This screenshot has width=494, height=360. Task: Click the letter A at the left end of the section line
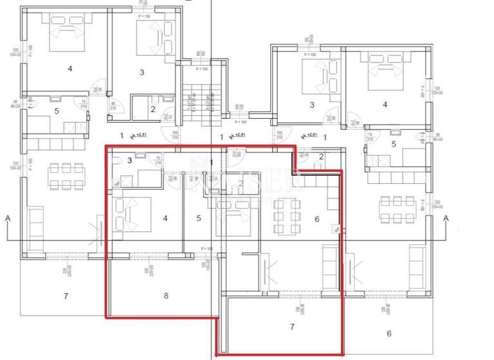pyautogui.click(x=8, y=219)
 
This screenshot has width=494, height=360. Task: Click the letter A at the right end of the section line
pyautogui.click(x=446, y=219)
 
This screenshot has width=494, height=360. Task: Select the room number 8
pyautogui.click(x=166, y=296)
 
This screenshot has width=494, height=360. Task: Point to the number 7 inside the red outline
pyautogui.click(x=292, y=327)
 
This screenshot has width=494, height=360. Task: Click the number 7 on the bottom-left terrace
pyautogui.click(x=66, y=296)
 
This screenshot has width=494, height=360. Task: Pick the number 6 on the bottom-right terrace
pyautogui.click(x=389, y=333)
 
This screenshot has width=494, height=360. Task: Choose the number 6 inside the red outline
pyautogui.click(x=316, y=219)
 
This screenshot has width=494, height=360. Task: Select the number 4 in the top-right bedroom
pyautogui.click(x=385, y=104)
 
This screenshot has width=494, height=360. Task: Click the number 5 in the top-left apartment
pyautogui.click(x=57, y=111)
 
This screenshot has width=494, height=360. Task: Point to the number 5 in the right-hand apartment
pyautogui.click(x=394, y=144)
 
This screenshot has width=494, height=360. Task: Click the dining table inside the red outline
pyautogui.click(x=287, y=217)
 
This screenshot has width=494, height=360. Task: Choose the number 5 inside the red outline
pyautogui.click(x=199, y=219)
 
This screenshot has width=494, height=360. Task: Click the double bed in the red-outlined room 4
pyautogui.click(x=133, y=213)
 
